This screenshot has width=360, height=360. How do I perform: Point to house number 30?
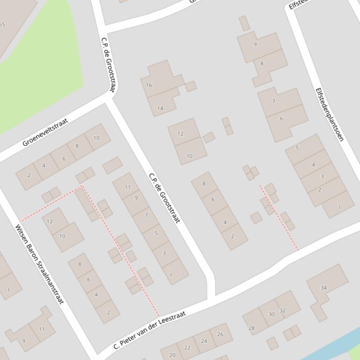pos(271,314)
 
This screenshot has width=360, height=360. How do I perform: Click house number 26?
pos(220,333)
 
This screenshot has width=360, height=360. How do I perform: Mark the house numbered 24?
pos(204,341)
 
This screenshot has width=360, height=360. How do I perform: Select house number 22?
pos(187,347)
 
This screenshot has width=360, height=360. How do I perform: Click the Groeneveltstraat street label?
pos(45,132)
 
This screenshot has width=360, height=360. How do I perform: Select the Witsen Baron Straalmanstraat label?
pos(39,264)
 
